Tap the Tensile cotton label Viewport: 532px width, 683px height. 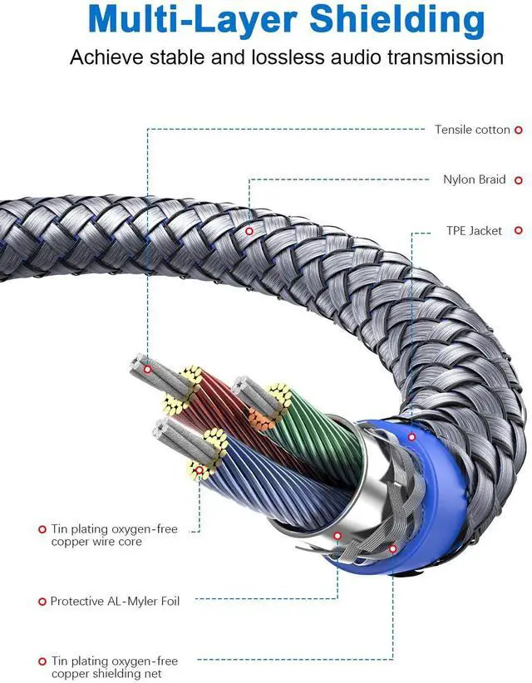(472, 130)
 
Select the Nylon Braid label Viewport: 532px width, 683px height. (474, 179)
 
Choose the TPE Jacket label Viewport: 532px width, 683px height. (474, 230)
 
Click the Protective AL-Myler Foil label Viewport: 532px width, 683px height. (115, 601)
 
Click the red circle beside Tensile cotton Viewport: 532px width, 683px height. (518, 130)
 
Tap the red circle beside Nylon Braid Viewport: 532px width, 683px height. (518, 179)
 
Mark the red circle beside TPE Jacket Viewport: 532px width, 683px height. (518, 230)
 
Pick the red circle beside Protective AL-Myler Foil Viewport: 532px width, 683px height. (42, 601)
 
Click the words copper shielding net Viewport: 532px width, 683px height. (114, 673)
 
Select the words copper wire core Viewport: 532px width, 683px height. (96, 542)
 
